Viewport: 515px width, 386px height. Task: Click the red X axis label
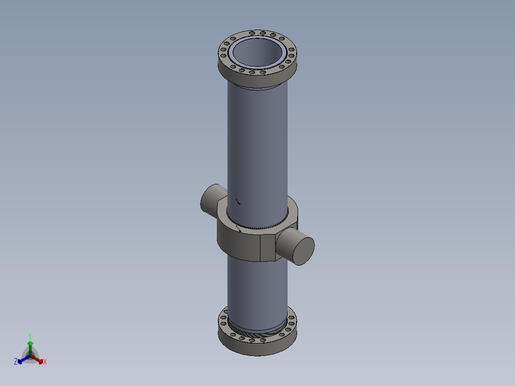pyautogui.click(x=45, y=362)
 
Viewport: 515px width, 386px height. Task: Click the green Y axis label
pyautogui.click(x=30, y=336)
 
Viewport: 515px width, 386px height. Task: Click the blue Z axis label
pyautogui.click(x=16, y=362)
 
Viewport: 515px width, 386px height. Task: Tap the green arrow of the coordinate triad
pyautogui.click(x=30, y=346)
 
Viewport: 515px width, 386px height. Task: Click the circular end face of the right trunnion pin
pyautogui.click(x=303, y=250)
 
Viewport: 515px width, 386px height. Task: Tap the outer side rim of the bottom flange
pyautogui.click(x=258, y=349)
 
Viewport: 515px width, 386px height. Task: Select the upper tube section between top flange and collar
pyautogui.click(x=258, y=143)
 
